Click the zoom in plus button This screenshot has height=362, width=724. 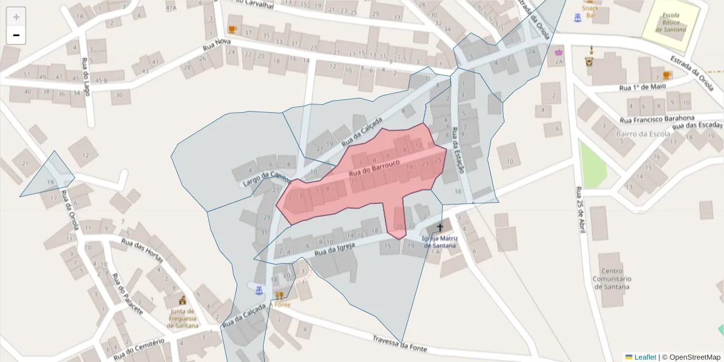(x=16, y=17)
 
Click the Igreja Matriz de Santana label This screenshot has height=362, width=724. (x=440, y=241)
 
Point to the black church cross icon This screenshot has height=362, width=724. (x=440, y=227)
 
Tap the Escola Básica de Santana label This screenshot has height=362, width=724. (x=670, y=22)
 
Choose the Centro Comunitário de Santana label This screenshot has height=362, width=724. (x=612, y=279)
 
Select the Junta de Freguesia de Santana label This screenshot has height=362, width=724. (x=182, y=318)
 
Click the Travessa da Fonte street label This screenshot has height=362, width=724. (x=399, y=344)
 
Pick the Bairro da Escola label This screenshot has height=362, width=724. (x=637, y=133)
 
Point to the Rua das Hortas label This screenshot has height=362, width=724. (x=142, y=250)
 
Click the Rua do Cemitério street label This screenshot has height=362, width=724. (x=139, y=349)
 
